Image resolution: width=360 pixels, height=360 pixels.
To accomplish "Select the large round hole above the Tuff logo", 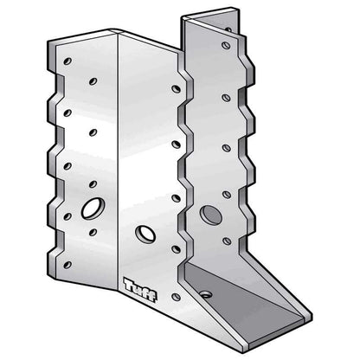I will pos(144,234).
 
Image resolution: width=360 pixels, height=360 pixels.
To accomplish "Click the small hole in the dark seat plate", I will pos(205,293).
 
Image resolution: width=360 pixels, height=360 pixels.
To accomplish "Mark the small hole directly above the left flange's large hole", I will pos(93,185).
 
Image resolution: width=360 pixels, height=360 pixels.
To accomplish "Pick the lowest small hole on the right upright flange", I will pos(227,241).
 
